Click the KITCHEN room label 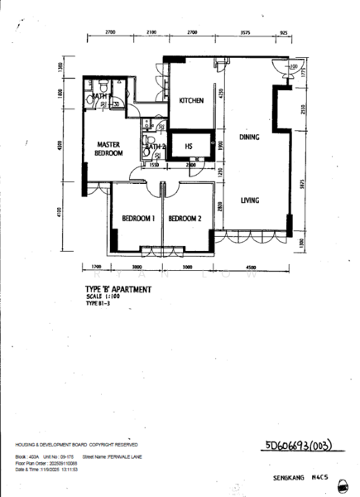(191, 101)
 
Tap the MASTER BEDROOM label (108, 148)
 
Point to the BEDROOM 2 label (185, 219)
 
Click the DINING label (250, 137)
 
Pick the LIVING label (251, 200)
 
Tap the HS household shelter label (189, 147)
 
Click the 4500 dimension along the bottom (251, 268)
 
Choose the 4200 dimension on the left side (60, 148)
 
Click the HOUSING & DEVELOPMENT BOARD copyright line (82, 445)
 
